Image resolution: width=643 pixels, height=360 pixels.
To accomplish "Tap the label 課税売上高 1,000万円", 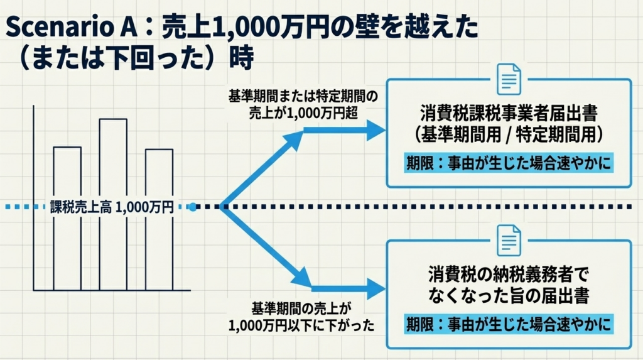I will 112,207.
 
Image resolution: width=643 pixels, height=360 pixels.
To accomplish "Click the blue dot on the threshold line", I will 193,206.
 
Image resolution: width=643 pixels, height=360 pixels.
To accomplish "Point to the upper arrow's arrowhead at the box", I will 375,131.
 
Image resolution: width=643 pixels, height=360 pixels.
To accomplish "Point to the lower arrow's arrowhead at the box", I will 375,288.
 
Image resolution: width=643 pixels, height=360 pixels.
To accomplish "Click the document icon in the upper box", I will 509,79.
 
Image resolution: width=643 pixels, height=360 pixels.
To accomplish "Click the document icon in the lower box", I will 509,239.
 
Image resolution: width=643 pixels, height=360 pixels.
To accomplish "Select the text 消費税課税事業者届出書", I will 509,114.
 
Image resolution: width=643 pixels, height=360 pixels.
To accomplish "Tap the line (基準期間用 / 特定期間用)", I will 509,134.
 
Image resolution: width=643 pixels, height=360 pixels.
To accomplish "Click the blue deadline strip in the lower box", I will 509,325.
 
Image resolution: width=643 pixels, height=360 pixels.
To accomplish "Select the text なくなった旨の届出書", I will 509,294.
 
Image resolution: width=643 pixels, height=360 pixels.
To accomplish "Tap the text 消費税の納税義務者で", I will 509,275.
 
